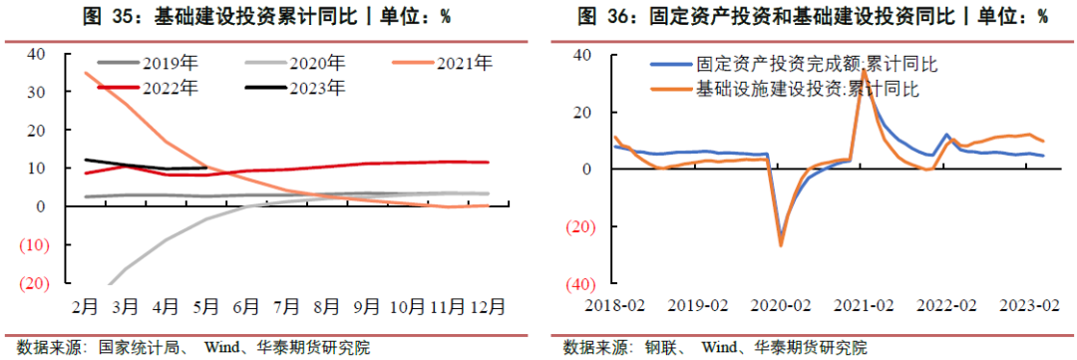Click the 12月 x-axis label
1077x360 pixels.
click(488, 304)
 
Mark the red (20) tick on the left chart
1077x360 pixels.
click(33, 283)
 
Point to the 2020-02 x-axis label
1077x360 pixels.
click(780, 304)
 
